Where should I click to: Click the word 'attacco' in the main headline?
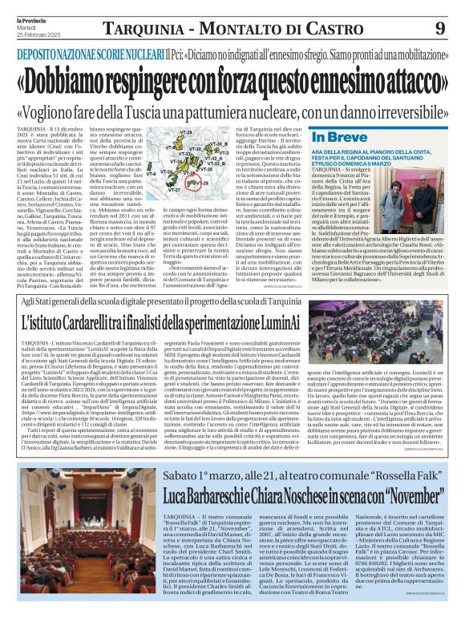coord(398,81)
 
